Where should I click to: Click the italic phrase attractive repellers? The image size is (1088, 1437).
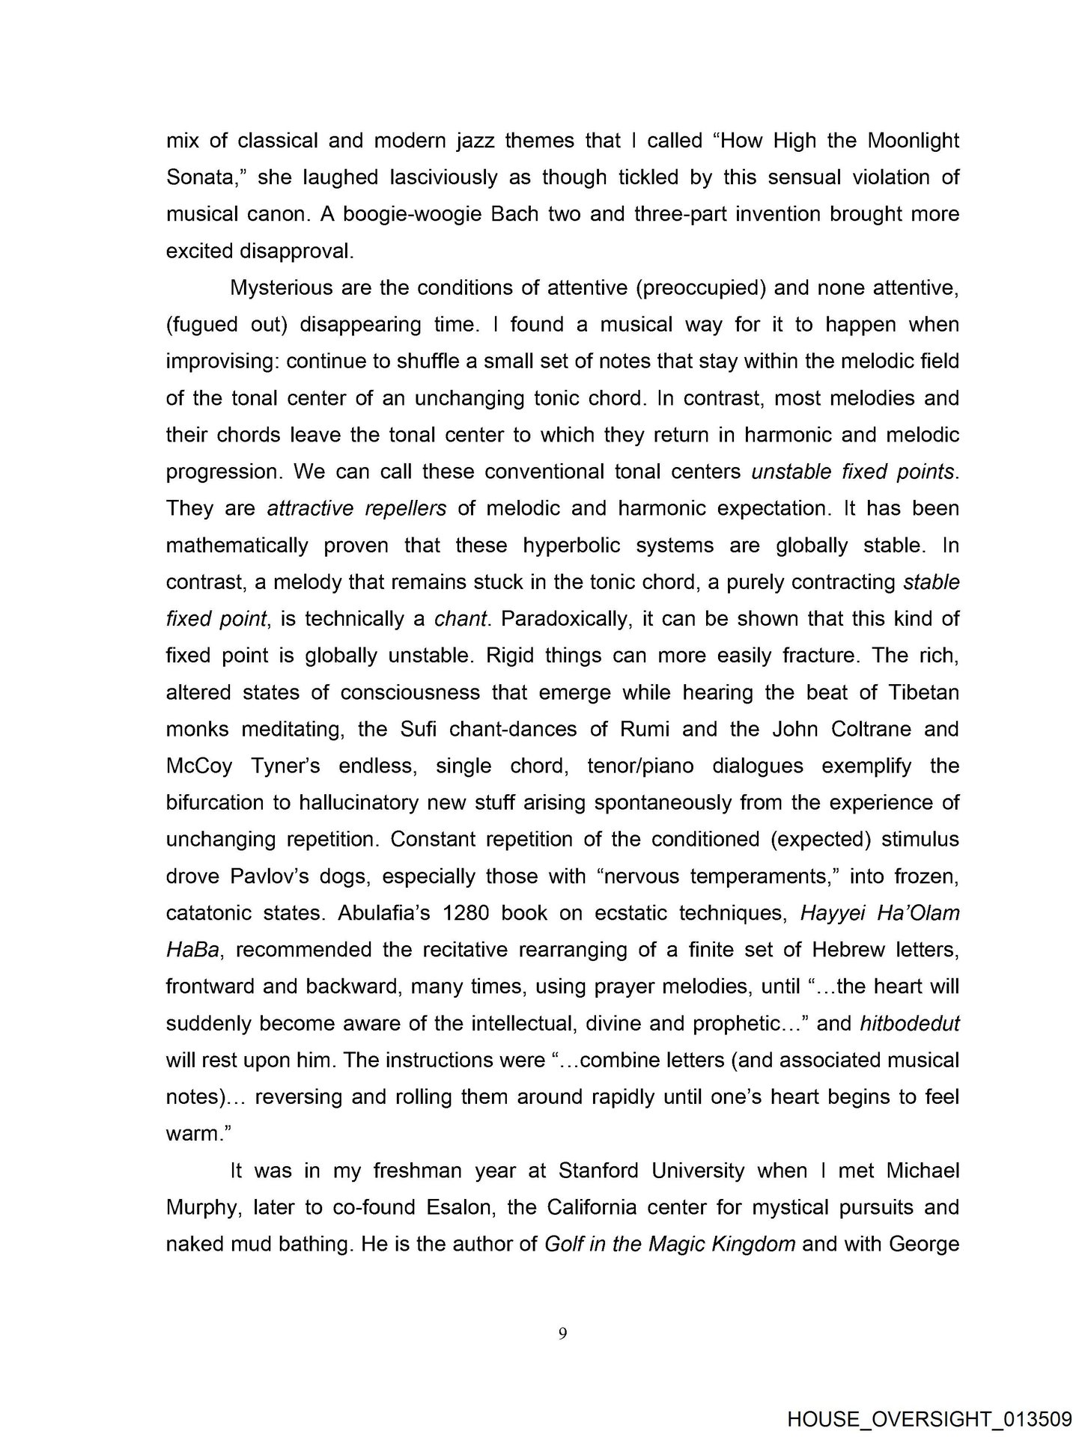tap(356, 509)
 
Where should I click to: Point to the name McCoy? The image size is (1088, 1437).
tap(201, 766)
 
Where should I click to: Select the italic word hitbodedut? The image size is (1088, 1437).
tap(909, 1023)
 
